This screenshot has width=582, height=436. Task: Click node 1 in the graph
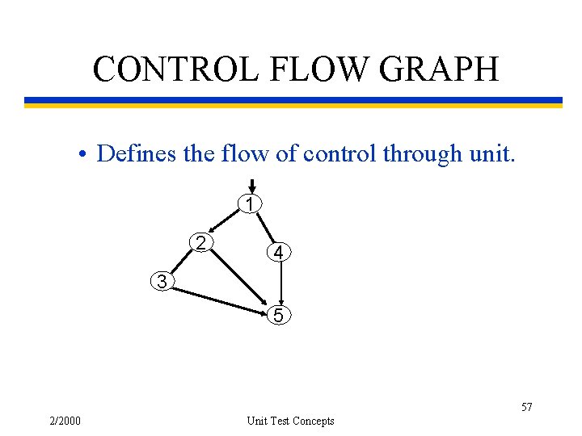tap(251, 204)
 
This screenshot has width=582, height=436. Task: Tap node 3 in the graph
tap(163, 282)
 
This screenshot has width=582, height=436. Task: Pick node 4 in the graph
tap(277, 253)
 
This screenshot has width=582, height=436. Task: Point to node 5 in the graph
tap(278, 316)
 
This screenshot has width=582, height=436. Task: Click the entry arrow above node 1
tap(251, 187)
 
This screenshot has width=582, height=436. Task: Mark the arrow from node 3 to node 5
tap(218, 296)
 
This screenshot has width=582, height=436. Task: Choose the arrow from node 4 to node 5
tap(280, 284)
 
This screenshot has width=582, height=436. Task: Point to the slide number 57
tap(526, 407)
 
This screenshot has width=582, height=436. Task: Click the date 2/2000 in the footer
tap(64, 420)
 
